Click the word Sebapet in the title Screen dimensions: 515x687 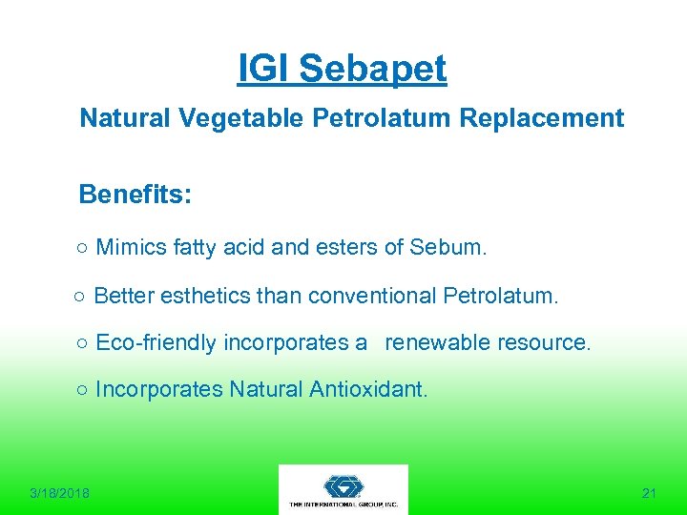[x=372, y=69]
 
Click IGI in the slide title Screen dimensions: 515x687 [x=265, y=69]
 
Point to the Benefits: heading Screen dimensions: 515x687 [x=135, y=196]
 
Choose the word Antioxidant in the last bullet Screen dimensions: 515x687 [x=369, y=389]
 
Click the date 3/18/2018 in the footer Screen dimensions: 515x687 [x=59, y=493]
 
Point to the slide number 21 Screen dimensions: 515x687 [x=649, y=493]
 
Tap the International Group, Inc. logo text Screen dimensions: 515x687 [x=343, y=504]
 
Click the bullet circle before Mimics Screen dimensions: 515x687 [x=84, y=250]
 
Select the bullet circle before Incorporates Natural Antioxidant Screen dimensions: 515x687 [x=84, y=390]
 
